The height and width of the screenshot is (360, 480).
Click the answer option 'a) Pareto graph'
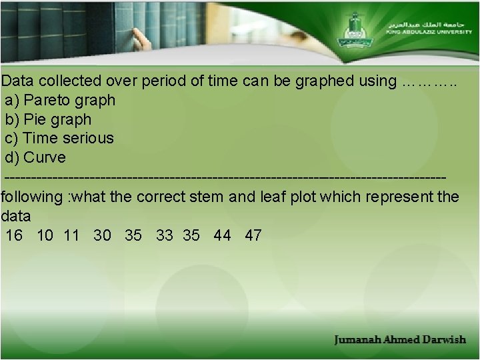pyautogui.click(x=60, y=101)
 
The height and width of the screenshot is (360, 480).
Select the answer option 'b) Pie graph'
pyautogui.click(x=48, y=120)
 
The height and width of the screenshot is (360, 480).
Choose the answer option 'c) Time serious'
pyautogui.click(x=59, y=139)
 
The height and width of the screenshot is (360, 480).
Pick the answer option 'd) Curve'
pyautogui.click(x=35, y=158)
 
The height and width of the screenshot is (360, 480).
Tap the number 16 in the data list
pyautogui.click(x=14, y=235)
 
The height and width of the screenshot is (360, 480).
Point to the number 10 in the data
pyautogui.click(x=45, y=235)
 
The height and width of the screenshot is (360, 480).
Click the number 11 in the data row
pyautogui.click(x=72, y=235)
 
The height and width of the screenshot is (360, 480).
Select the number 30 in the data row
pyautogui.click(x=103, y=235)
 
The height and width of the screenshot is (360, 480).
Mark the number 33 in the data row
pyautogui.click(x=164, y=235)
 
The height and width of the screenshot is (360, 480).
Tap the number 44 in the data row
pyautogui.click(x=223, y=235)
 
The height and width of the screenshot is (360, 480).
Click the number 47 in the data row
pyautogui.click(x=253, y=235)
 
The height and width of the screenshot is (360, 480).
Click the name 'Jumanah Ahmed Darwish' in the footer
pyautogui.click(x=400, y=340)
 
